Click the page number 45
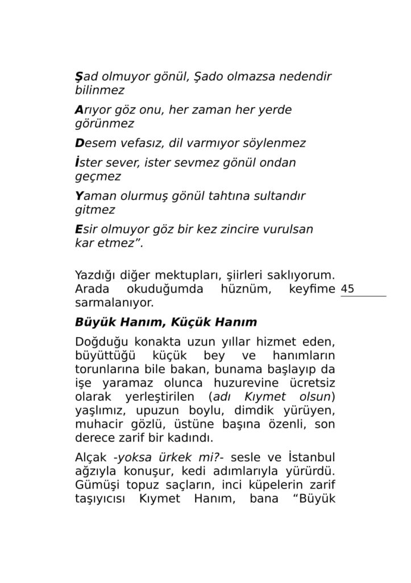pyautogui.click(x=348, y=289)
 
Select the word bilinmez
pyautogui.click(x=99, y=90)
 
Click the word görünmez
pyautogui.click(x=104, y=123)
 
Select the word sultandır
pyautogui.click(x=276, y=196)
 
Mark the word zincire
pyautogui.click(x=241, y=229)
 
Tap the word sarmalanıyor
pyautogui.click(x=114, y=302)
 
